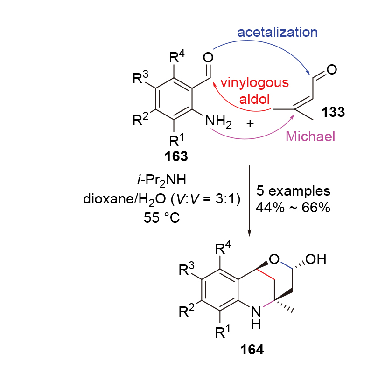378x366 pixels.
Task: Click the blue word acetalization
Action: [x=277, y=32]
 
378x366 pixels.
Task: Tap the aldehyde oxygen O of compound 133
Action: [x=332, y=70]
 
